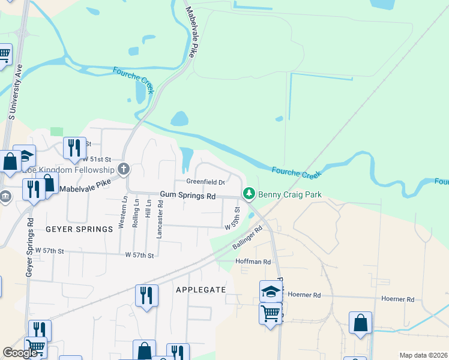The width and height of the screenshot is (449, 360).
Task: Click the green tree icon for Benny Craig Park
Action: [x=249, y=194]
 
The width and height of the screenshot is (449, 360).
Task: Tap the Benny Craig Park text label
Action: [x=290, y=194]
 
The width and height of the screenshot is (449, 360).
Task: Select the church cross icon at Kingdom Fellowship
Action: [x=124, y=169]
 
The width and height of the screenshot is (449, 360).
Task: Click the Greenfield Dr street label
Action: [x=205, y=182]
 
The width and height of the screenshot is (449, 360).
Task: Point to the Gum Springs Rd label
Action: [x=188, y=196]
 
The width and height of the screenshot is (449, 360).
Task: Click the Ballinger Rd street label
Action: [x=248, y=238]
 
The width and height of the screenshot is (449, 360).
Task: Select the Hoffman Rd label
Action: [x=253, y=262]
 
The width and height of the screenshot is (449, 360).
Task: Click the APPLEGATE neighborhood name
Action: [x=200, y=290]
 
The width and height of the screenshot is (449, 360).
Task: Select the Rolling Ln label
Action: [x=136, y=213]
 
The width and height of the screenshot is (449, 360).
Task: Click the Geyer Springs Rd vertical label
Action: [x=29, y=246]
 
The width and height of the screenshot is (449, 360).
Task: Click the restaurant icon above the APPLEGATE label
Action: [x=146, y=295]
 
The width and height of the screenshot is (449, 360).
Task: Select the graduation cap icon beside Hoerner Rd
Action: [x=271, y=292]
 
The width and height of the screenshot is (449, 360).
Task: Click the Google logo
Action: [x=20, y=353]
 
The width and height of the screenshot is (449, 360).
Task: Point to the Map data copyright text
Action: [x=423, y=355]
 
